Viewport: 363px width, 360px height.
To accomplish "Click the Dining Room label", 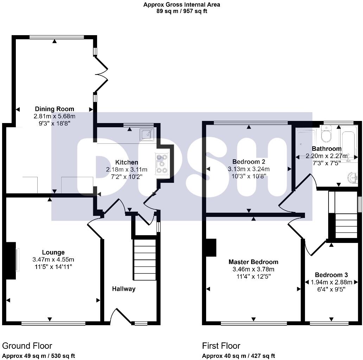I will (x=54, y=109).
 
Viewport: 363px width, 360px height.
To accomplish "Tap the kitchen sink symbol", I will (x=146, y=134).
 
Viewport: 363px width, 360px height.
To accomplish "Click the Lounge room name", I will (x=53, y=252).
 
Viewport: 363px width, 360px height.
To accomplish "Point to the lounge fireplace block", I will (x=11, y=260).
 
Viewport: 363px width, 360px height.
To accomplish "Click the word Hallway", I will (x=123, y=289).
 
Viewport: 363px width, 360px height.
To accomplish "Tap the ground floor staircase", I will (x=145, y=260).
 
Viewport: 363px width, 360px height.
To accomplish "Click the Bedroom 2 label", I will (x=249, y=162).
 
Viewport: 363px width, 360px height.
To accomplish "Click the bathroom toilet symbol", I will (x=326, y=134).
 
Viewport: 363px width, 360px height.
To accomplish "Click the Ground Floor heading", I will (x=27, y=346).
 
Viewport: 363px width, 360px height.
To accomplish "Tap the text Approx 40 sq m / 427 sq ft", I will (x=238, y=356).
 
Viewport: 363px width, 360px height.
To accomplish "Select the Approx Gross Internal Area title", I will (x=182, y=5).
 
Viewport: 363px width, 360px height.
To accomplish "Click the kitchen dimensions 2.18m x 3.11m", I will (x=127, y=169).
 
